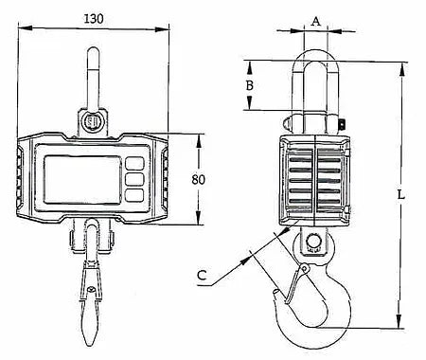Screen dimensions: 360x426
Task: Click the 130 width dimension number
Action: point(93,18)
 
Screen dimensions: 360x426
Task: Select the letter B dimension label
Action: point(249,85)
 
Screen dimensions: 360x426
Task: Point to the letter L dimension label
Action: point(401,194)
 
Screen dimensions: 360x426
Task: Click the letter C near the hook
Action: point(202,277)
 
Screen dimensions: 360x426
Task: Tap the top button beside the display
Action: point(133,161)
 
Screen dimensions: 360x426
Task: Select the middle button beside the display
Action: point(133,178)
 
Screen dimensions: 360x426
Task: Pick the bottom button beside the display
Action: point(133,195)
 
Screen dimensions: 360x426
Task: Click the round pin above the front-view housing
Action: point(93,122)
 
